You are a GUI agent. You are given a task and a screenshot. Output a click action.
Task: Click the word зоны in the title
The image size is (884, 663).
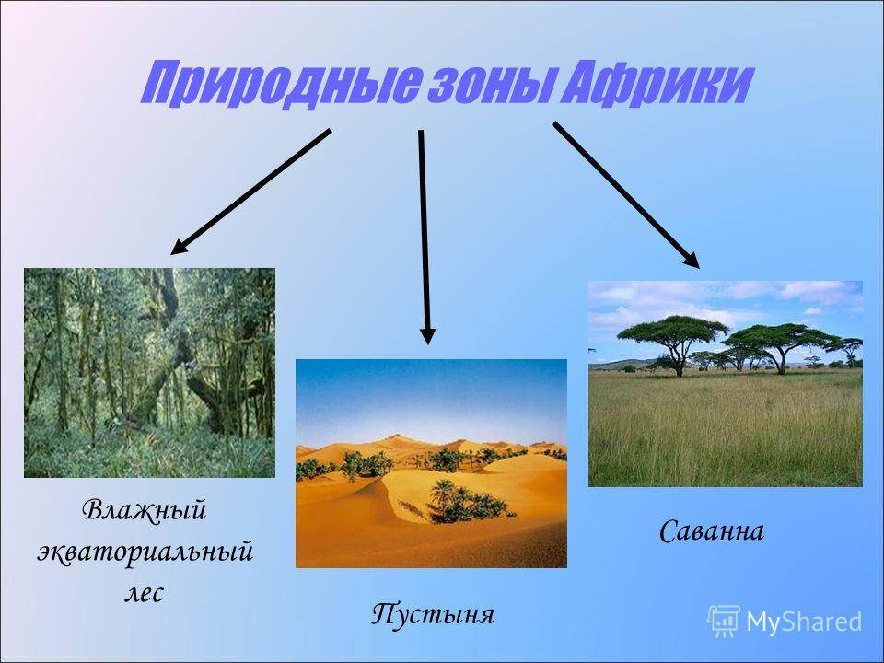pos(488,85)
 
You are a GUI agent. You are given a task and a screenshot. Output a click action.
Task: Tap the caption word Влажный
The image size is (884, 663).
pos(144,509)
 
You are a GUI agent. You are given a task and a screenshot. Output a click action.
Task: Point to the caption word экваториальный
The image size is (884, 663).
pos(145,551)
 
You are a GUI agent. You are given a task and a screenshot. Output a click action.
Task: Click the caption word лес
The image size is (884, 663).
pos(144,592)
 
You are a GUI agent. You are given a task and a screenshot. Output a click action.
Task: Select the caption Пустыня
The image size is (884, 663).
pos(433,614)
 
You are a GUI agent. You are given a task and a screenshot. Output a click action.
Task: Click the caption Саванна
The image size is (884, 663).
pos(712,530)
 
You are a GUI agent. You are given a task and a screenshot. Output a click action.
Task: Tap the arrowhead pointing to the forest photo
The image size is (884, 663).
pos(180,247)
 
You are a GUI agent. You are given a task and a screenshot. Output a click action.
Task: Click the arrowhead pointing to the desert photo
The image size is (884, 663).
pos(428,335)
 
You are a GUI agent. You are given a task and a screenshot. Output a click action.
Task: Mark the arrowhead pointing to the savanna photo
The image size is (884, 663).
pos(692,261)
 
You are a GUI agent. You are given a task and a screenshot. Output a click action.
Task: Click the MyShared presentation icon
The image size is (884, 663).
pos(724,621)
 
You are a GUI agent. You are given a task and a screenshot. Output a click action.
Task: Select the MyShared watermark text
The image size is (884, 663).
pos(803,622)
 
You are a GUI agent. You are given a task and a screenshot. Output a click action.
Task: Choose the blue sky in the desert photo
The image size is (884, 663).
pos(431,395)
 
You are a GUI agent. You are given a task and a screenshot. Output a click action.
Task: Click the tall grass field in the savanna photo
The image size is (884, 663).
pos(726,428)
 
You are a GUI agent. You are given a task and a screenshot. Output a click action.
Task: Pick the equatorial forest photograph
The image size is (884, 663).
pos(149,373)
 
